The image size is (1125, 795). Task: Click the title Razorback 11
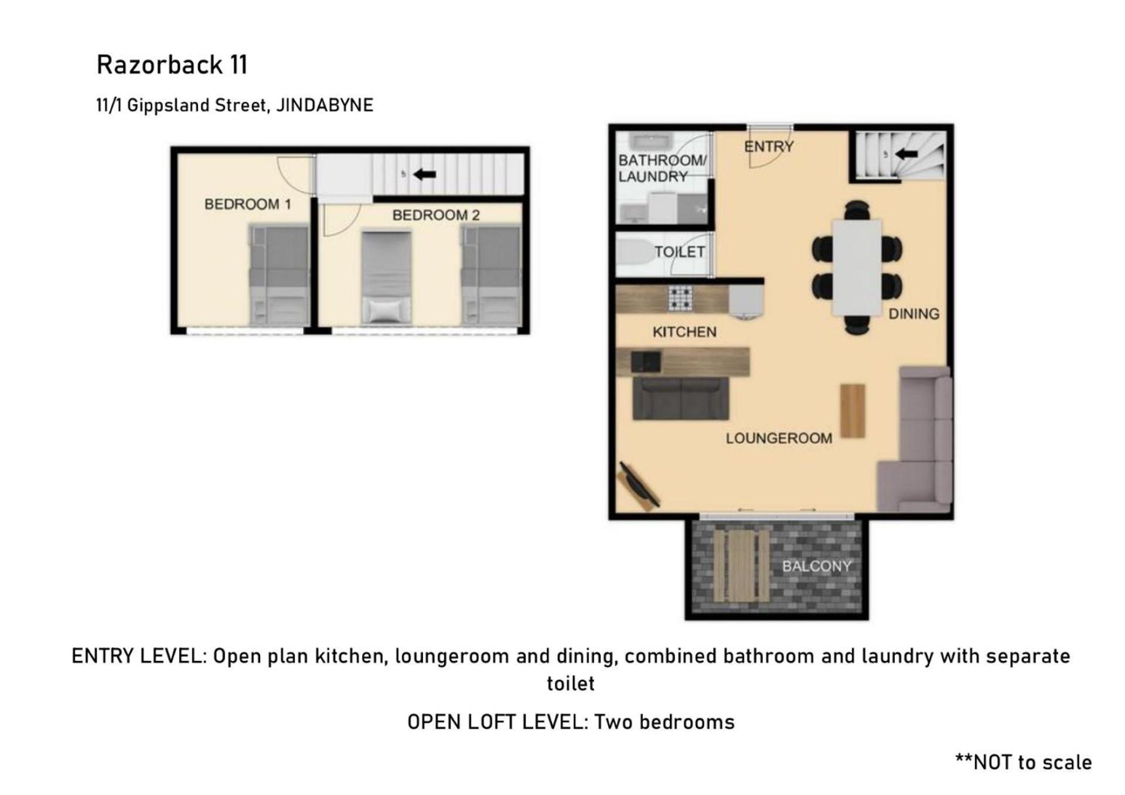[x=172, y=64]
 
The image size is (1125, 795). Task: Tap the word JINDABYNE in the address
[x=324, y=105]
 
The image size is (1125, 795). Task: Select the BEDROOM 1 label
[x=247, y=204]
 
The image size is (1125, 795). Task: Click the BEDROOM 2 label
[x=436, y=215]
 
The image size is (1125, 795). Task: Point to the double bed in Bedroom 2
[x=386, y=277]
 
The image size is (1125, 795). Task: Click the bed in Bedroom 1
[x=279, y=276]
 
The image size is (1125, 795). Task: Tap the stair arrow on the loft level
[x=424, y=174]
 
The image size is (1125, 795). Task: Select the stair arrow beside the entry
[x=906, y=154]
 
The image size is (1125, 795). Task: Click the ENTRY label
[x=769, y=146]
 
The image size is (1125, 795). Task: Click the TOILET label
[x=680, y=252]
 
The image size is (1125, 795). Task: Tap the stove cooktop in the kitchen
[x=680, y=298]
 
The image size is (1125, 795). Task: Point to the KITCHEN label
[x=684, y=332]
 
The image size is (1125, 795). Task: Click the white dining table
[x=857, y=268]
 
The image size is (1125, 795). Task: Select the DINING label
[x=913, y=314]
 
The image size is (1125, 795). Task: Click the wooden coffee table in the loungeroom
[x=853, y=411]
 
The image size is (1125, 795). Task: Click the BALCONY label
[x=817, y=566]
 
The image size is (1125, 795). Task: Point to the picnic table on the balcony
[x=741, y=566]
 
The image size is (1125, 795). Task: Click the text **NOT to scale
[x=1023, y=762]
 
